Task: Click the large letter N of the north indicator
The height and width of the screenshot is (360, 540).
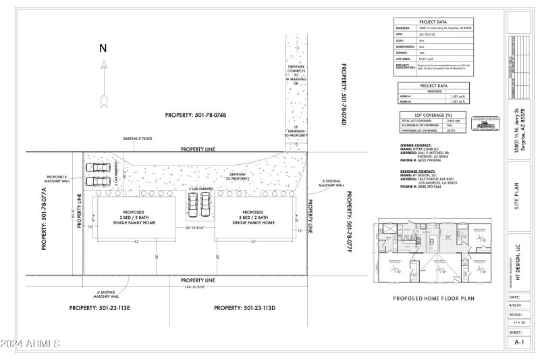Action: tap(103, 48)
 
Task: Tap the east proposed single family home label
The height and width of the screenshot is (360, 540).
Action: tap(253, 215)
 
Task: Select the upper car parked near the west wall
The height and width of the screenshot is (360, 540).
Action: tap(99, 168)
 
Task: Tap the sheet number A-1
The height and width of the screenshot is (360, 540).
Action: tap(518, 342)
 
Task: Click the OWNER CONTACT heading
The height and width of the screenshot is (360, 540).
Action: tap(412, 145)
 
